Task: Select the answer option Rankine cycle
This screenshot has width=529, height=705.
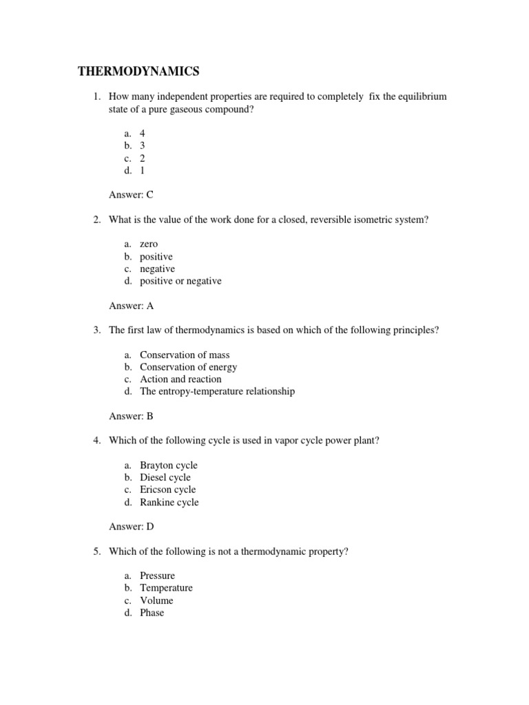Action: (169, 502)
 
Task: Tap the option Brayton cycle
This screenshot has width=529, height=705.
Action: (168, 465)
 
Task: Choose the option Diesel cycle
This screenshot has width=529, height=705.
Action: (165, 477)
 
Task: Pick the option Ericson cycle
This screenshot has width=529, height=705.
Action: (167, 490)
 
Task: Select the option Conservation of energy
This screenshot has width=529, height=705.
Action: (188, 367)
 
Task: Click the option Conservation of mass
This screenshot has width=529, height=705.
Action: (183, 355)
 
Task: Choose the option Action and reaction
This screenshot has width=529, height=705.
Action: (180, 379)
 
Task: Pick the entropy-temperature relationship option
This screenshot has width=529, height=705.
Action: (217, 391)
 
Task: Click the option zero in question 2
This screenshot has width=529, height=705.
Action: (149, 244)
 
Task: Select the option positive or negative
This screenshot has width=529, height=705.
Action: (180, 281)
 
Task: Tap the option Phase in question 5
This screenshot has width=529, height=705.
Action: (152, 612)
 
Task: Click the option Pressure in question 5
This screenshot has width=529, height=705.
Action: (157, 576)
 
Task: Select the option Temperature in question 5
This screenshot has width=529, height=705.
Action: (166, 588)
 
